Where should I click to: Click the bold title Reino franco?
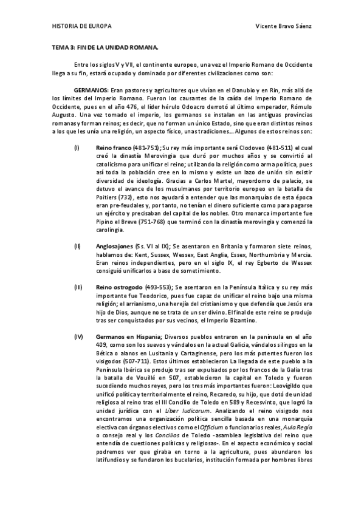point(114,148)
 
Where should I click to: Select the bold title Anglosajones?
point(117,246)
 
